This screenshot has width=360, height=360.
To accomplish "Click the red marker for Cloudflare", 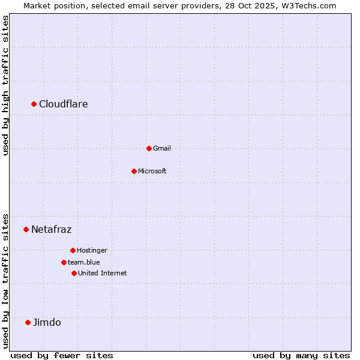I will (x=34, y=104).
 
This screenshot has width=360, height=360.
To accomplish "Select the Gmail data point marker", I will (x=149, y=148).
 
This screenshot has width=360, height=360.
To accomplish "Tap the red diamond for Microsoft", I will (x=134, y=171).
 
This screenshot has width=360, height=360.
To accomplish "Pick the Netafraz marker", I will (x=26, y=229).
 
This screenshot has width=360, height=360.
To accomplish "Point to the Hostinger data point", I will (x=73, y=250).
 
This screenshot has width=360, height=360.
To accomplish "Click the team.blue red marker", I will (x=64, y=262).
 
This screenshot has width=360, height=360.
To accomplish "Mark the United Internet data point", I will (x=74, y=273).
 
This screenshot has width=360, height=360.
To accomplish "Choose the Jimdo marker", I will (x=28, y=322).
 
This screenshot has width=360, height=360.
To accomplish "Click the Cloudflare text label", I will (x=64, y=104).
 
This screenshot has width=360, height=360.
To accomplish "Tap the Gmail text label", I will (x=162, y=148).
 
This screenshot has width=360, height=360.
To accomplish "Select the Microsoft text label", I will (x=152, y=171).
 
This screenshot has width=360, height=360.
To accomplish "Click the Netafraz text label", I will (x=52, y=229).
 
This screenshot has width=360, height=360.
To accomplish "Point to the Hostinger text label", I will (x=92, y=250).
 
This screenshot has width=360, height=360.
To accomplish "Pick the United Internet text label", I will (x=103, y=273).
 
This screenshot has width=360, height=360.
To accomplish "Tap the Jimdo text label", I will (x=47, y=322).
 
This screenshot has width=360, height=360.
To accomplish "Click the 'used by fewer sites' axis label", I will (x=62, y=356).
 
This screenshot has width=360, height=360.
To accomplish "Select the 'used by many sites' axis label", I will (x=301, y=356).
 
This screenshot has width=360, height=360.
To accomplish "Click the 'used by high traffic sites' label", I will (x=5, y=85).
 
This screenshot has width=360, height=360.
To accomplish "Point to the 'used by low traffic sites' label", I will (x=5, y=281).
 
